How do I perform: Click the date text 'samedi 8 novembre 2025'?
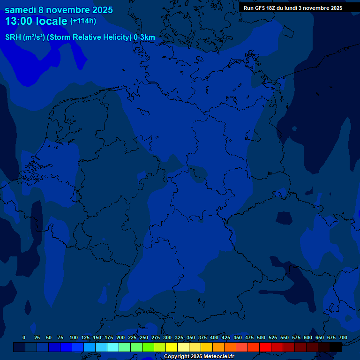(x=59, y=10)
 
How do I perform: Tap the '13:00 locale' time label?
(x=37, y=21)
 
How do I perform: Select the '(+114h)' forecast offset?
(x=83, y=21)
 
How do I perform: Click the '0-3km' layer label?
(x=144, y=37)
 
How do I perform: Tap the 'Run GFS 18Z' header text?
(x=260, y=8)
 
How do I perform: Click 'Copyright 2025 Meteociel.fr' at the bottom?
(x=199, y=357)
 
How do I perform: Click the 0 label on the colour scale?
(x=24, y=337)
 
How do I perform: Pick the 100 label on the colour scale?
(x=74, y=337)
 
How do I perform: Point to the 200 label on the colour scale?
(x=120, y=337)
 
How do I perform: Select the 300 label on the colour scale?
(x=167, y=337)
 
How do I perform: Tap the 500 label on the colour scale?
(x=261, y=337)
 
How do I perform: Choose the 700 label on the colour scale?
(x=343, y=337)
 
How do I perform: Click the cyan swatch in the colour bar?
(x=113, y=347)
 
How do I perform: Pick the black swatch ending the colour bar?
(x=336, y=347)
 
